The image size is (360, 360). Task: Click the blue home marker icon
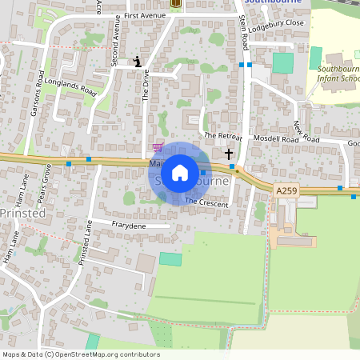(x=180, y=173)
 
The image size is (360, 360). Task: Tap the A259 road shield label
(x=286, y=190)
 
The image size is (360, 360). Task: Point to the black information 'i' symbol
(x=137, y=61)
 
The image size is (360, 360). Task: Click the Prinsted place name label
(x=22, y=214)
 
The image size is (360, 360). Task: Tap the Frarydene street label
(x=129, y=226)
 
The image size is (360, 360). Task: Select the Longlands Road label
(x=70, y=86)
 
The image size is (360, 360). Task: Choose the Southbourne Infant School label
(x=338, y=74)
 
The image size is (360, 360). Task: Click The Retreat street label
(x=222, y=136)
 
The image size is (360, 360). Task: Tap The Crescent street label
(x=206, y=202)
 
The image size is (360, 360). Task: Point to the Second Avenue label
(x=116, y=48)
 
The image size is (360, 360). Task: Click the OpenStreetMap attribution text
(x=80, y=354)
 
